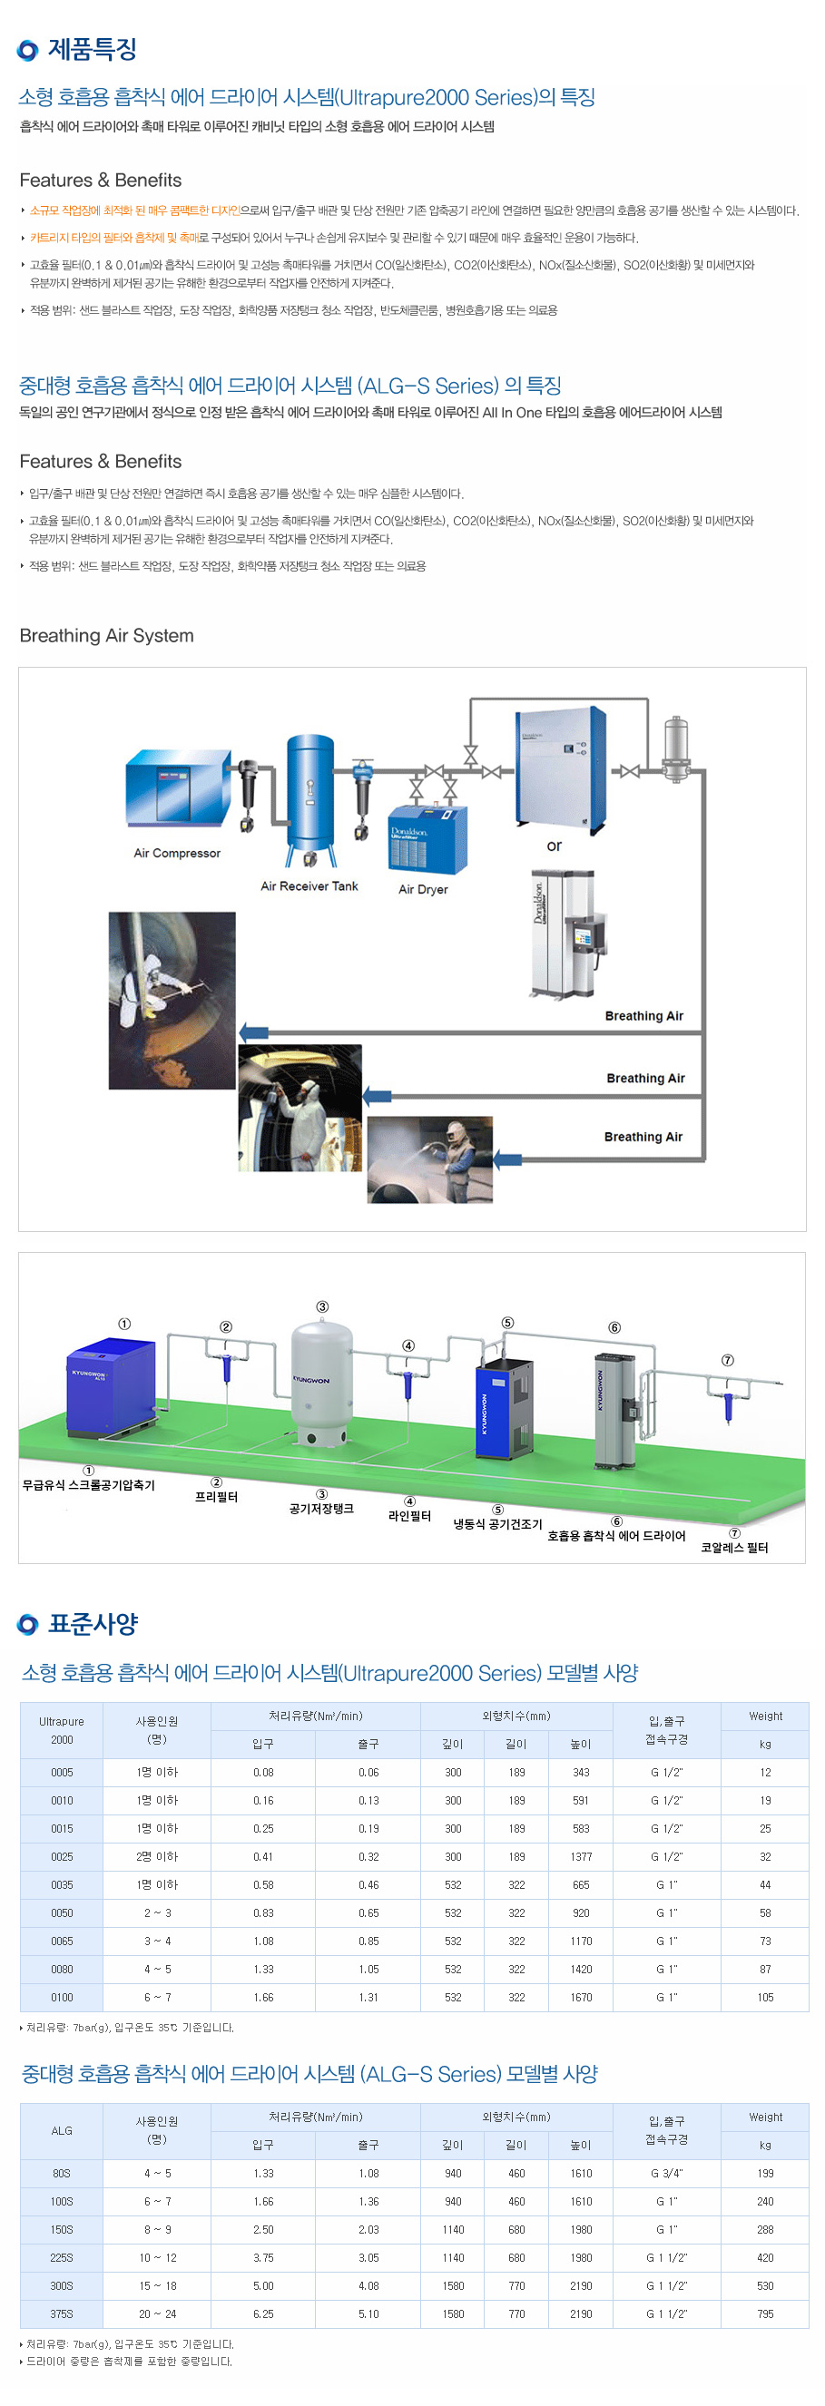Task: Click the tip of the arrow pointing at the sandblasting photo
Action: pos(493,1160)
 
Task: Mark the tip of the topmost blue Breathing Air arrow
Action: pos(240,1032)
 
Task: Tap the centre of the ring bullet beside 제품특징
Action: pos(28,50)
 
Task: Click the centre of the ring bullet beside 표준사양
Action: pos(28,1624)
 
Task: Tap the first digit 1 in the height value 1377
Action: pos(573,1857)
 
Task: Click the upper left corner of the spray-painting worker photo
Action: pos(239,1045)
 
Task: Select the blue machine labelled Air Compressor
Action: pos(178,786)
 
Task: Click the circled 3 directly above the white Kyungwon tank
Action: pos(322,1306)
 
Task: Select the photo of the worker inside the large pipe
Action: pos(172,1001)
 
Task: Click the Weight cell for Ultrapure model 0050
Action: pos(765,1912)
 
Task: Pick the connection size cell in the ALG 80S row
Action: pos(666,2174)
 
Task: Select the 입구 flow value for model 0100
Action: pos(263,1997)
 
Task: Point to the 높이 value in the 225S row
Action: pos(581,2257)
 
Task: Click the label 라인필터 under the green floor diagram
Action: pos(409,1515)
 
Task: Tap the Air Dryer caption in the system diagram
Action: pos(423,889)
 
